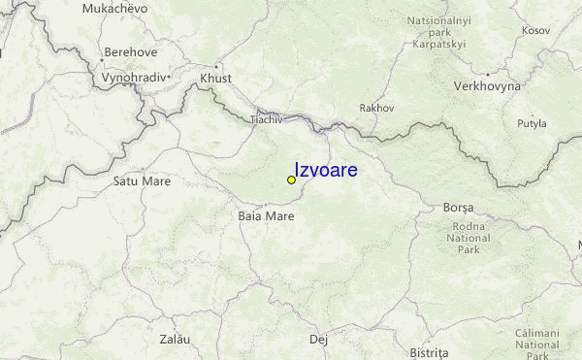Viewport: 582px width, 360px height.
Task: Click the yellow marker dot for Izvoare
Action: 291,180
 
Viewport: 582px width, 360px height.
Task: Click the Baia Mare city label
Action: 266,215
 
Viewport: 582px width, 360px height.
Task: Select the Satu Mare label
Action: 142,180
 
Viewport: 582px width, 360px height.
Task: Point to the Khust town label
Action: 210,79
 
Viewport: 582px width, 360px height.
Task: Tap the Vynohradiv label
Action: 134,76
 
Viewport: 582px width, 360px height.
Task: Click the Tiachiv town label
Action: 266,119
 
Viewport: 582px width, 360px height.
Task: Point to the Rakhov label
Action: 376,108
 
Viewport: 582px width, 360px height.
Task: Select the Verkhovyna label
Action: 487,85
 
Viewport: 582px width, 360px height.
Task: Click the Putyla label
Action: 532,123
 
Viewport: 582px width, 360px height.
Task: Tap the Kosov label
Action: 535,30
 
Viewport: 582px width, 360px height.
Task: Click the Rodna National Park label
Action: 469,238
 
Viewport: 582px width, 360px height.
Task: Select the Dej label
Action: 318,340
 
